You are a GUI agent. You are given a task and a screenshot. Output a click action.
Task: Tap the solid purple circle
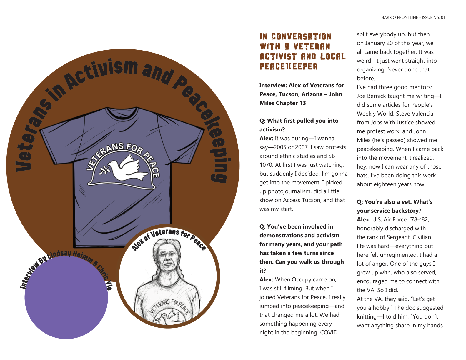tap(66, 297)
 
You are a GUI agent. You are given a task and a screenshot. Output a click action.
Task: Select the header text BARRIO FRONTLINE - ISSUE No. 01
tap(413, 18)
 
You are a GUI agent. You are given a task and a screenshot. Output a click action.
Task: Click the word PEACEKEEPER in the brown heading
tap(289, 66)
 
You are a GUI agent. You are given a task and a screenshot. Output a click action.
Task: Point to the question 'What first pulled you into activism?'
tap(299, 125)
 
